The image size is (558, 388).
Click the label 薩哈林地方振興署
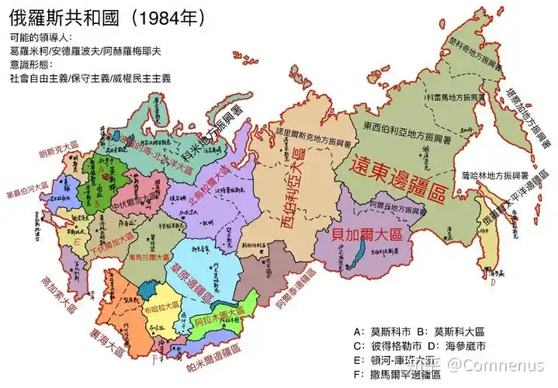494,175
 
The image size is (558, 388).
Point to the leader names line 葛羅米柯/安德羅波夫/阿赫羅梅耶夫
85,50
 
